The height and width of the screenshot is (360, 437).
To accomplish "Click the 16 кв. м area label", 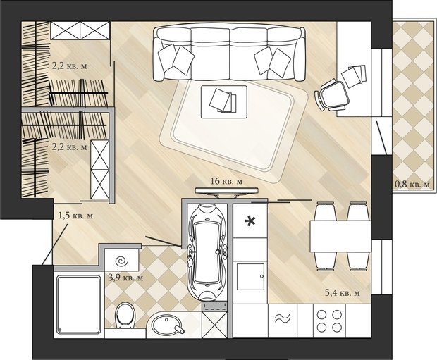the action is pyautogui.click(x=226, y=181).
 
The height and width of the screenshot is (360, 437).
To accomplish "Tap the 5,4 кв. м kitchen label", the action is pyautogui.click(x=343, y=293).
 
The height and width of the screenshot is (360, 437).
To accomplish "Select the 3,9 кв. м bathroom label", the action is pyautogui.click(x=125, y=278).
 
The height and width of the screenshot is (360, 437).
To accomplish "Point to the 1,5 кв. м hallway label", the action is pyautogui.click(x=75, y=216).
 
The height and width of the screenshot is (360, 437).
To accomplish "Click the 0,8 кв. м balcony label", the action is pyautogui.click(x=412, y=184).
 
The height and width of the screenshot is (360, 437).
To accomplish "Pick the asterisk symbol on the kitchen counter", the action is pyautogui.click(x=250, y=221).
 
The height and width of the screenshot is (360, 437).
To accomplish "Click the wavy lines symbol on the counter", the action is pyautogui.click(x=283, y=318).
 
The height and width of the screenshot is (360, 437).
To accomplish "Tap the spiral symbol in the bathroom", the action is pyautogui.click(x=121, y=261).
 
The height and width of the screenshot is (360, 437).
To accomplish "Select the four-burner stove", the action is pyautogui.click(x=329, y=321).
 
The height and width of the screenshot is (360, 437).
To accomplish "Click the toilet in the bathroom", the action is pyautogui.click(x=125, y=315).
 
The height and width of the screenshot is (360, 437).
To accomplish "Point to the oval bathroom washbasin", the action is pyautogui.click(x=167, y=325).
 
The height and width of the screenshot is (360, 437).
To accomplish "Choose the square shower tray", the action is pyautogui.click(x=79, y=304).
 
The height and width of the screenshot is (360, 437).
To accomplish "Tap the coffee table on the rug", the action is pyautogui.click(x=224, y=101).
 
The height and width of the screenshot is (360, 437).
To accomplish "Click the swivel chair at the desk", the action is pyautogui.click(x=332, y=94).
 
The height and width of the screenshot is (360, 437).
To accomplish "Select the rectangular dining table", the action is pyautogui.click(x=340, y=236).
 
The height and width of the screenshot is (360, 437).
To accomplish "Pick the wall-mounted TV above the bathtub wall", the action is pyautogui.click(x=226, y=191).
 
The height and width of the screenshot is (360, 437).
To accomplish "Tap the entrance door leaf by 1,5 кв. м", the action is pyautogui.click(x=55, y=244).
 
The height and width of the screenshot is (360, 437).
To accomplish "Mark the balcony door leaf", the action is pyautogui.click(x=382, y=137).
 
